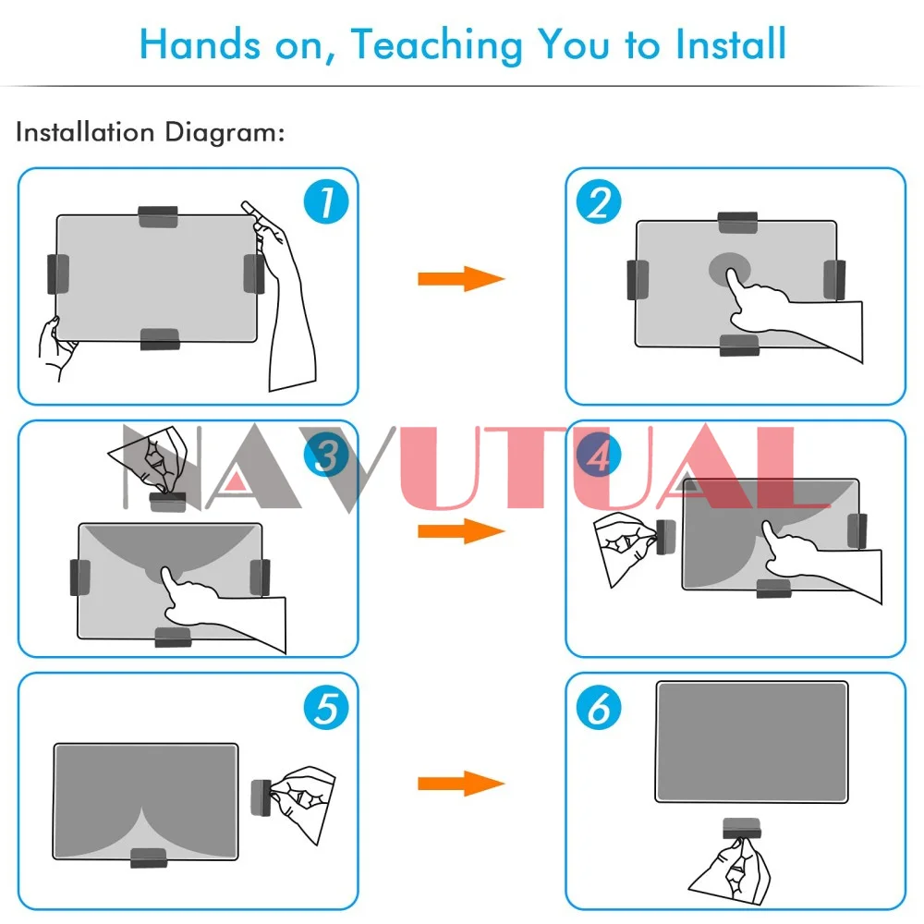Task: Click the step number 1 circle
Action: pos(326,201)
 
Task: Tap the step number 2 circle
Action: pos(599,201)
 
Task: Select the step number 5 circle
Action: pos(326,707)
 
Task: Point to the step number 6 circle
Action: pos(599,707)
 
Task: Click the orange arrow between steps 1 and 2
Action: pos(461,279)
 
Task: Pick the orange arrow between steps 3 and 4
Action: pos(461,531)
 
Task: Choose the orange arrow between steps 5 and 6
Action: pos(461,784)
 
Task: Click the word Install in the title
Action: pos(731,43)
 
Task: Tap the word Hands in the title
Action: pos(200,43)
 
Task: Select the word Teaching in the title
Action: pos(437,46)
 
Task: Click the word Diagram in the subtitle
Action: pos(225,132)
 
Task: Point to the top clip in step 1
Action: pos(158,216)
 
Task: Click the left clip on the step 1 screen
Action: pos(57,274)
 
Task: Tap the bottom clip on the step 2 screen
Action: pos(739,346)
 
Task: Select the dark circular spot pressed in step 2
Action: pos(730,269)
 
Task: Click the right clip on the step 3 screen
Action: pos(260,577)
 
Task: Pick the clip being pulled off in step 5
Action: pos(261,797)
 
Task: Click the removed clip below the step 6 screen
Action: pos(742,827)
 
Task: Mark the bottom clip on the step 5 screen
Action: pos(149,858)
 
